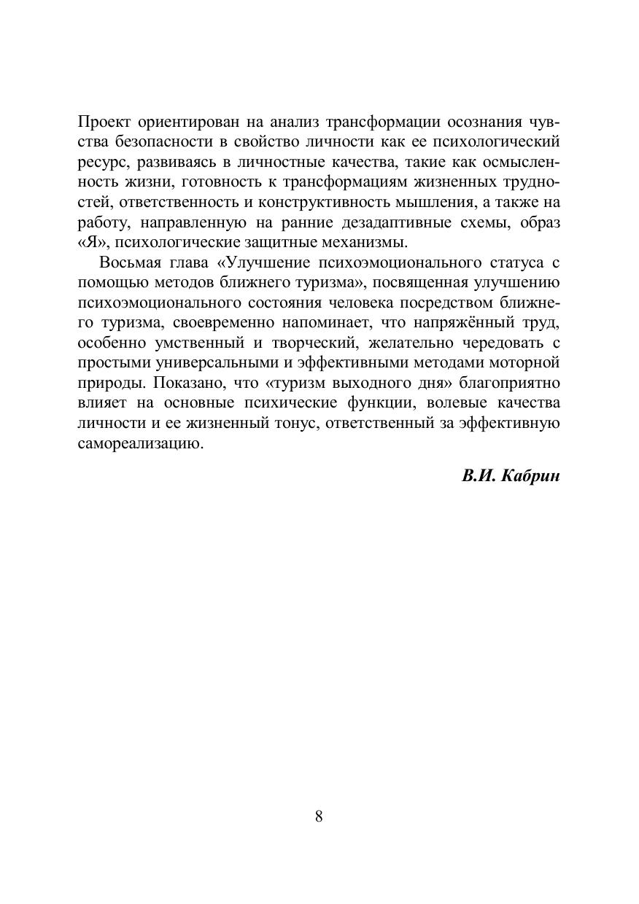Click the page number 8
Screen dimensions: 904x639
click(319, 816)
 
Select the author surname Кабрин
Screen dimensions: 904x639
click(531, 476)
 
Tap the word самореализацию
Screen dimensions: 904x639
click(139, 443)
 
